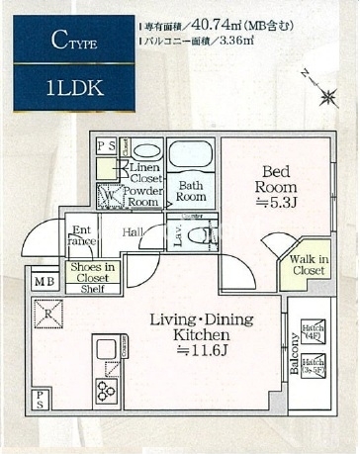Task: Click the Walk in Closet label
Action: pyautogui.click(x=309, y=265)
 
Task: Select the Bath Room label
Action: pyautogui.click(x=191, y=190)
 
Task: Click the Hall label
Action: pyautogui.click(x=135, y=233)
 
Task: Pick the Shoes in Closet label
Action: pyautogui.click(x=91, y=272)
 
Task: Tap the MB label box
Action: pyautogui.click(x=45, y=283)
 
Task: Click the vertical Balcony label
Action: pyautogui.click(x=294, y=355)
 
